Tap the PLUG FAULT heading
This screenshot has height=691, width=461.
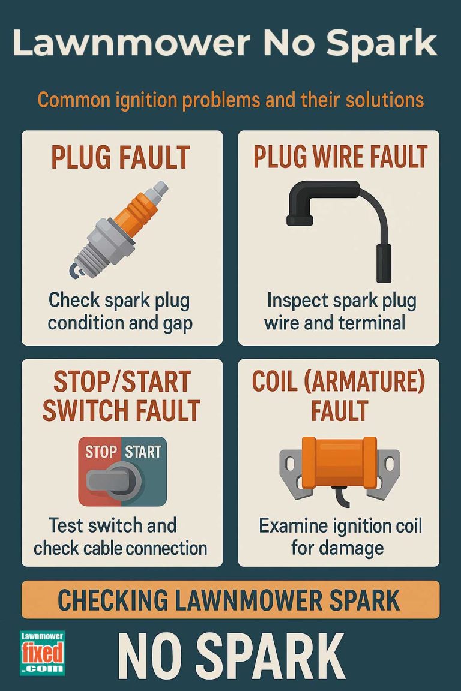120,157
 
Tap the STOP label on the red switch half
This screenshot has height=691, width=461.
101,451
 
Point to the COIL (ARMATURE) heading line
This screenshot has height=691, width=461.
339,381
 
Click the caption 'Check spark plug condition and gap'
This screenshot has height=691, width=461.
120,311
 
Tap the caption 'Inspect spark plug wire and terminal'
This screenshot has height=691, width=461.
340,311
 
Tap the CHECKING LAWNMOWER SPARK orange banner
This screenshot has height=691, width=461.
230,599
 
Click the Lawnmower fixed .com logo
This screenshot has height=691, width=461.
42,653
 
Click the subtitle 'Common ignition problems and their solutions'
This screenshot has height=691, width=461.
230,100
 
